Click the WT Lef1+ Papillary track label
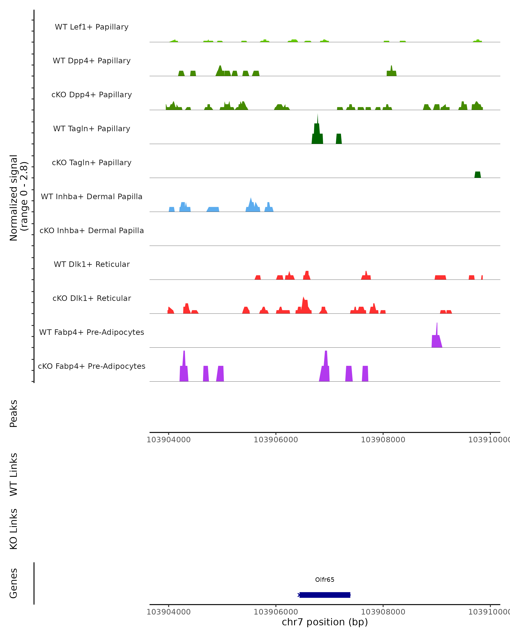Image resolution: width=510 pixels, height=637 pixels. click(92, 27)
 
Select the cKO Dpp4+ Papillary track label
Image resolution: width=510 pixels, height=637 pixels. click(92, 95)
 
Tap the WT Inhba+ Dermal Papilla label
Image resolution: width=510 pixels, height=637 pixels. click(92, 197)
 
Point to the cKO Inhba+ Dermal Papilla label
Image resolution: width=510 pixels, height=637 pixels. click(92, 231)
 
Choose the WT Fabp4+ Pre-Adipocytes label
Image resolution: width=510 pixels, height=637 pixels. click(92, 332)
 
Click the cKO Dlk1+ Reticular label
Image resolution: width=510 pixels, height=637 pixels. click(92, 298)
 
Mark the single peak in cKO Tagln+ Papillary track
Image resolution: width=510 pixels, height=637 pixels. click(477, 175)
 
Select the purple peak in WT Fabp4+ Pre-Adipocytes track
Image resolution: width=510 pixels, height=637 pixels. click(437, 340)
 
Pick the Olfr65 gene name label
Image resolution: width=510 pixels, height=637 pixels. click(325, 580)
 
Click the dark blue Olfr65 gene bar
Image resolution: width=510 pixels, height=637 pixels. click(325, 595)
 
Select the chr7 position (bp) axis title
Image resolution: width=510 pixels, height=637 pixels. click(325, 622)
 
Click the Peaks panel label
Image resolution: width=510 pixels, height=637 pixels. click(14, 414)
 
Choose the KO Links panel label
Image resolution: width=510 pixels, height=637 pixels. click(14, 529)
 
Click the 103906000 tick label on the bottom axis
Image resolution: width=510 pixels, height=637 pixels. click(276, 612)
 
